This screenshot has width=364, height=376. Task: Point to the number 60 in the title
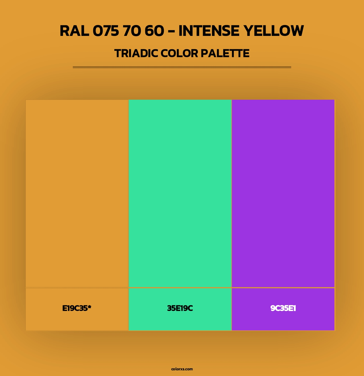154,31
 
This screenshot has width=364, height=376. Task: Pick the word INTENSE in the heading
209,31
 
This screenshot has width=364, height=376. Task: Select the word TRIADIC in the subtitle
136,53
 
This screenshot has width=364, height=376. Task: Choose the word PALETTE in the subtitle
225,53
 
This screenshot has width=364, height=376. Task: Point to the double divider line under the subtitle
182,67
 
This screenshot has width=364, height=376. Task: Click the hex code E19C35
75,308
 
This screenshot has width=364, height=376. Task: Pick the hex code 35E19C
180,308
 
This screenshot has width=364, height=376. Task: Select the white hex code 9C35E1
283,308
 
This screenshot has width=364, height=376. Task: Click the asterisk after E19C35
89,307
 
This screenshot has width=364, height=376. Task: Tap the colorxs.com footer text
182,369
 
